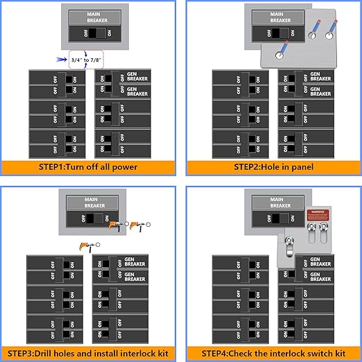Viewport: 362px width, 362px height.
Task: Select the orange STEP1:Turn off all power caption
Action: [x=90, y=167]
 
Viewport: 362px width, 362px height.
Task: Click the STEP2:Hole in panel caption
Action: [x=273, y=167]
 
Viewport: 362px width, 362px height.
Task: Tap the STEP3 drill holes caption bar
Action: [x=90, y=353]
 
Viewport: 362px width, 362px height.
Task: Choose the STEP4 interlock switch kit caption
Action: [x=273, y=353]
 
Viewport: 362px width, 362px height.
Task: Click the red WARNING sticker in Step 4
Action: [x=316, y=212]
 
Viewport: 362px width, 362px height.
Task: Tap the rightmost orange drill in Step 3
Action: [x=138, y=225]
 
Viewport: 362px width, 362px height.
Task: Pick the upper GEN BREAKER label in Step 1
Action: [x=135, y=76]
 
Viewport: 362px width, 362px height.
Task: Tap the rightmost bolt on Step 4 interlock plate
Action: [x=324, y=228]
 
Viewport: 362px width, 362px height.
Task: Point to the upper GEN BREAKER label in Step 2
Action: [x=320, y=76]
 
